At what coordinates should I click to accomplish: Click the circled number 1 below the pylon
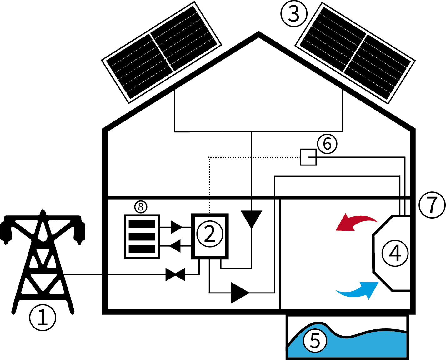tap(43, 318)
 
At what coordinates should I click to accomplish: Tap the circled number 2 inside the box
tap(210, 234)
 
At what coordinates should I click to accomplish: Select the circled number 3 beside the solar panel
tap(294, 14)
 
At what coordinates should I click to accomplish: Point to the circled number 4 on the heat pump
tap(395, 253)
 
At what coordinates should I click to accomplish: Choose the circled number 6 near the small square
tap(327, 144)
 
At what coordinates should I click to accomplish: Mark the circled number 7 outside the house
tap(432, 205)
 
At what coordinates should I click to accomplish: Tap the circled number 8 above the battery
tap(141, 207)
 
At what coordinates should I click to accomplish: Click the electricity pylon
tap(43, 262)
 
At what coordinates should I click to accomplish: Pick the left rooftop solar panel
tap(162, 52)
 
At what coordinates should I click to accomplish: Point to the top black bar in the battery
tap(142, 224)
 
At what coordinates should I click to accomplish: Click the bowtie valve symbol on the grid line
tap(175, 274)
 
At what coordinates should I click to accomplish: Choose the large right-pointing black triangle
tap(240, 293)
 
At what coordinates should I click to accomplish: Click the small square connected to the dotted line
tap(308, 157)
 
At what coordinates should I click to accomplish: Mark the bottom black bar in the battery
tap(142, 249)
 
